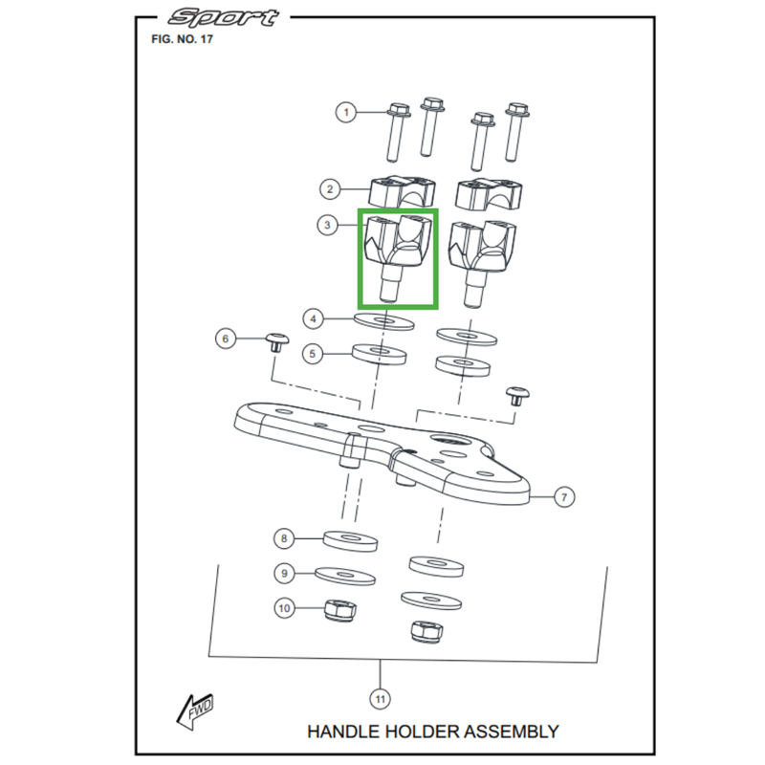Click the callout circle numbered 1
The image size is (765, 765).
347,113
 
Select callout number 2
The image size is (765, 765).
328,189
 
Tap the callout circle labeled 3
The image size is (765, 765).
328,226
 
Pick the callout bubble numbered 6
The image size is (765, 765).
226,339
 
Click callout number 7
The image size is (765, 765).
564,496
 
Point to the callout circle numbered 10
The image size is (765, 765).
284,607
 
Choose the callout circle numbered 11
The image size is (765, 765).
381,700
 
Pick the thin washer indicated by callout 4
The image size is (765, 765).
383,318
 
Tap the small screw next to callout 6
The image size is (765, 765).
276,340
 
